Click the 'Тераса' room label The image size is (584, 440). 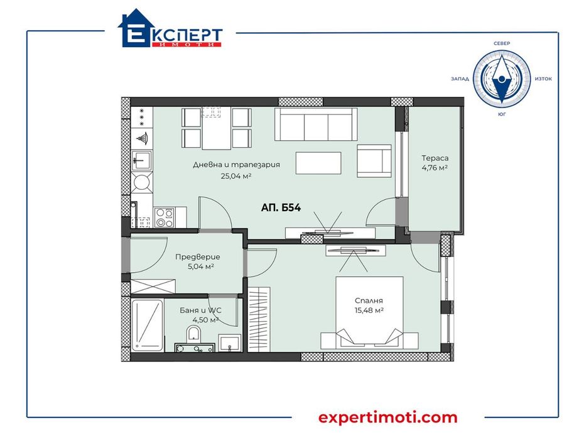[435, 158]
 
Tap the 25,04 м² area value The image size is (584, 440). [235, 177]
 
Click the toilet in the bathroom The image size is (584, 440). [195, 334]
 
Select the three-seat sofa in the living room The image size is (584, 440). [317, 124]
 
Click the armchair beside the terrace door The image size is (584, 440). [374, 160]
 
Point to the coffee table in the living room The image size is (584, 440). [318, 164]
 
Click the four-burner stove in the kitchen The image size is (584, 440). [165, 217]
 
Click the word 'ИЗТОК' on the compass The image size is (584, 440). [543, 79]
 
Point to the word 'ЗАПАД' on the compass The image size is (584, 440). [460, 79]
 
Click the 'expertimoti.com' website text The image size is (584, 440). [388, 417]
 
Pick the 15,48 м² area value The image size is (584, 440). [369, 311]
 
